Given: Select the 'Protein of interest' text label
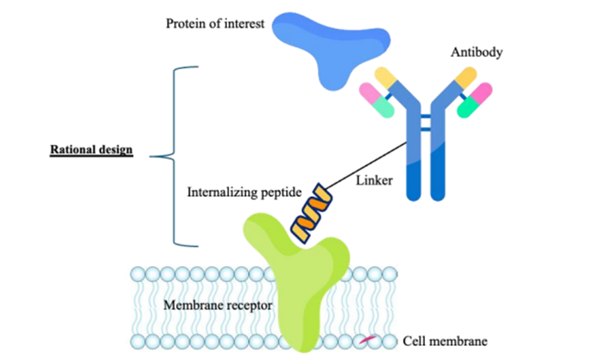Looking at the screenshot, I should pyautogui.click(x=216, y=24).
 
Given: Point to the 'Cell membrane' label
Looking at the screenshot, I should pyautogui.click(x=445, y=341).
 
